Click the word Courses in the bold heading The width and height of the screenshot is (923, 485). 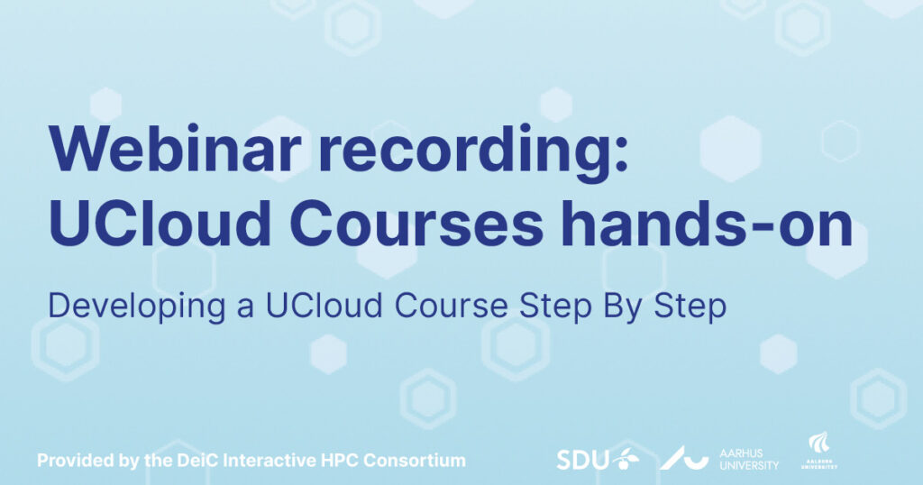[416, 224]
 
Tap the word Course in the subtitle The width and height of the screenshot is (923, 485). [451, 307]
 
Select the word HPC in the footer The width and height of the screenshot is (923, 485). [340, 460]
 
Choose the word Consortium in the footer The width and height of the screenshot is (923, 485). [415, 460]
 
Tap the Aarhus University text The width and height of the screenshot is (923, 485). [749, 459]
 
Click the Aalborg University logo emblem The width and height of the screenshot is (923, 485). [818, 443]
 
